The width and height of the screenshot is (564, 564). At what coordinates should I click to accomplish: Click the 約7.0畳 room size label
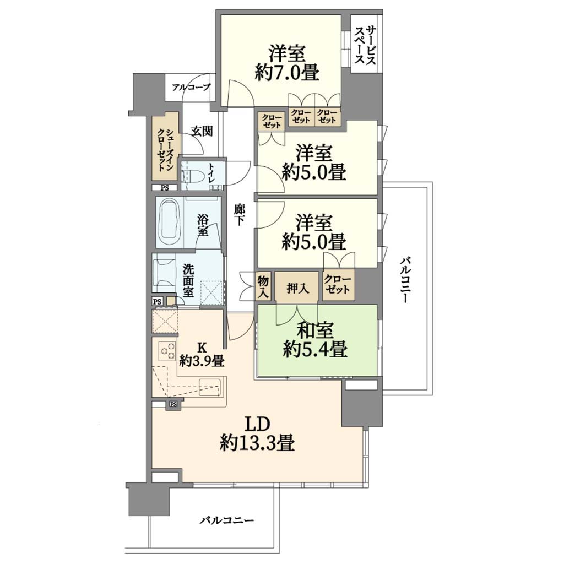(x=286, y=73)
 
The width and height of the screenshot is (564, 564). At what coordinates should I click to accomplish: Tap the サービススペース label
(x=365, y=45)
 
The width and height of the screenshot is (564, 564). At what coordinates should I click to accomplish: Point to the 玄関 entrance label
(x=202, y=131)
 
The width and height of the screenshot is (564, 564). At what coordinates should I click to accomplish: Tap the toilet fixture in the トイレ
(x=191, y=176)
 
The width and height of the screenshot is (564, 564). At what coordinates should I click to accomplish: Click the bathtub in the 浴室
(x=170, y=223)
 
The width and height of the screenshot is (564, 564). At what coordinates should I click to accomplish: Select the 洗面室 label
(x=188, y=280)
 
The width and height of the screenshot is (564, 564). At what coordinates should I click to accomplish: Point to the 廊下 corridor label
(x=239, y=214)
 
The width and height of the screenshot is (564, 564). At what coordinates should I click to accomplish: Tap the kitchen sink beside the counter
(x=209, y=387)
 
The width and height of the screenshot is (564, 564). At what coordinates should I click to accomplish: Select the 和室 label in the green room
(x=315, y=330)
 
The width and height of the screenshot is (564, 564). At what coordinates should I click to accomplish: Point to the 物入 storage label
(x=263, y=286)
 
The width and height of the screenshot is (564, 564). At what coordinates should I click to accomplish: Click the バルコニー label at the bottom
(x=227, y=520)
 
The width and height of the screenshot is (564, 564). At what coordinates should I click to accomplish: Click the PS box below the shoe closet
(x=164, y=187)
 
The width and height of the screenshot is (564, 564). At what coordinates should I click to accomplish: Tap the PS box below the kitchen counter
(x=173, y=405)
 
